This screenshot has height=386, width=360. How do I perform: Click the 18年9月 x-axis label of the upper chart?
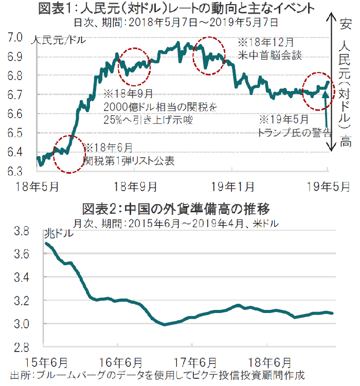(x=135, y=186)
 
